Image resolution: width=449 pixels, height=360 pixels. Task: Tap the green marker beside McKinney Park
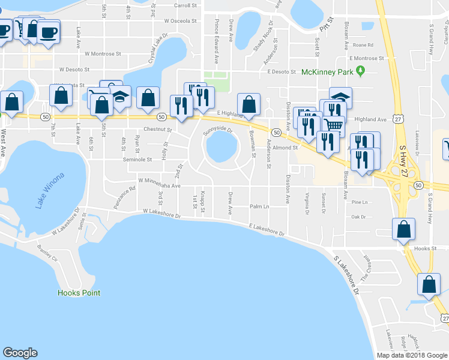[x=360, y=72]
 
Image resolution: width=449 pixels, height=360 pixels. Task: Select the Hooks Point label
[x=79, y=293]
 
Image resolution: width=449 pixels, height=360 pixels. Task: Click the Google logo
[x=20, y=352]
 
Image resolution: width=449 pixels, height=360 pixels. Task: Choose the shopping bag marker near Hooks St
[x=403, y=229]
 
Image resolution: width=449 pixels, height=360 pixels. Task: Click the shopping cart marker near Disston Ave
[x=334, y=125]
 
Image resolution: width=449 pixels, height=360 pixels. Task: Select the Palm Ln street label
[x=259, y=206]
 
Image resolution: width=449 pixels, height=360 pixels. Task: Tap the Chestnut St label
[x=157, y=130]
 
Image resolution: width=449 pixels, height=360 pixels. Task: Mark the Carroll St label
[x=185, y=5]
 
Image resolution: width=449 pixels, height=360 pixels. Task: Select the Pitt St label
[x=326, y=25]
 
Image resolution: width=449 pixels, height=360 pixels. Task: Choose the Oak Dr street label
[x=358, y=217]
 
